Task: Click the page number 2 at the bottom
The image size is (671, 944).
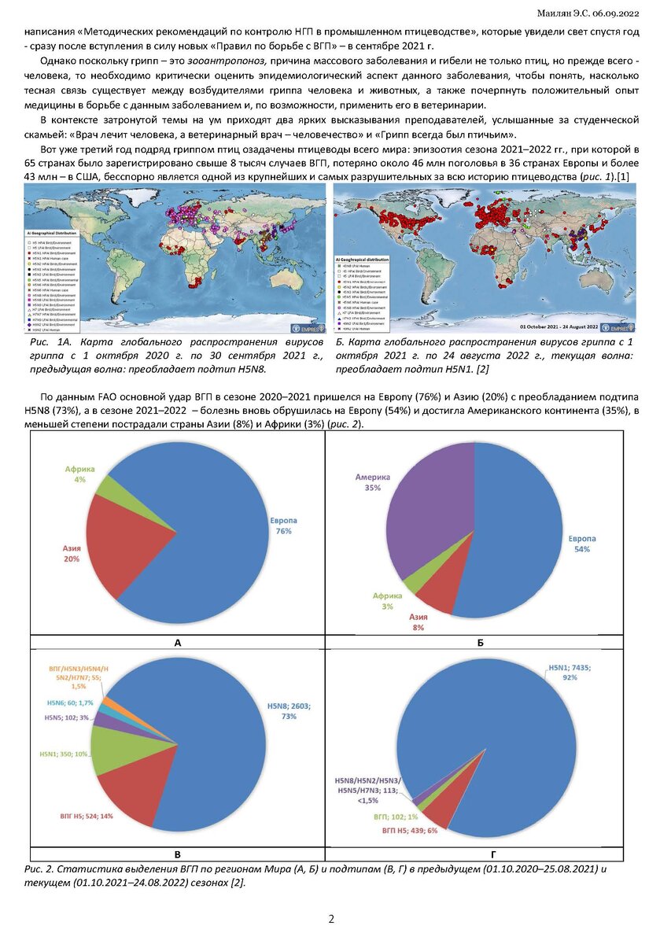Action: tap(331, 919)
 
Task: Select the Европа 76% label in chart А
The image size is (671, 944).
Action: tap(281, 526)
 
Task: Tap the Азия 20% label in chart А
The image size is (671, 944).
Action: tap(71, 552)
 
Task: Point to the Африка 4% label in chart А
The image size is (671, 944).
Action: tap(80, 474)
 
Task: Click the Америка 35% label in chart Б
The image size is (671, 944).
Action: tap(372, 482)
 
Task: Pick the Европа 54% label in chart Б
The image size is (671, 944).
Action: tap(582, 544)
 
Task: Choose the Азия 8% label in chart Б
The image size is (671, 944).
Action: tap(418, 622)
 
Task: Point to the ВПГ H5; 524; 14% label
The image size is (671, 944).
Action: tap(87, 816)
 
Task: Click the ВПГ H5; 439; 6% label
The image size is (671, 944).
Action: tap(409, 831)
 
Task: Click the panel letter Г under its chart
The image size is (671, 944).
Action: tap(480, 853)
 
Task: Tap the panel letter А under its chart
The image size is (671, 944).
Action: tap(178, 643)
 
